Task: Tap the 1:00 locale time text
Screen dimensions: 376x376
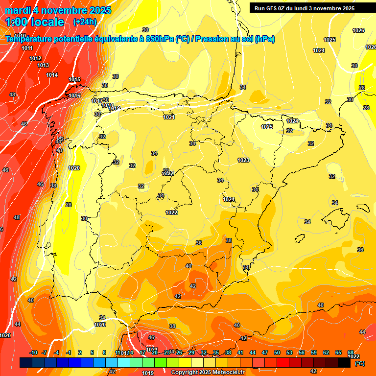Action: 35,22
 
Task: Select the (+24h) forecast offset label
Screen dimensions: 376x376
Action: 85,22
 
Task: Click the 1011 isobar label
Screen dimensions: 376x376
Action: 27,48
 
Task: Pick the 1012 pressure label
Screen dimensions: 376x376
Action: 35,58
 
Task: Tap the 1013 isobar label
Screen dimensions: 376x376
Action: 43,65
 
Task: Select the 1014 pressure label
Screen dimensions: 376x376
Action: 52,75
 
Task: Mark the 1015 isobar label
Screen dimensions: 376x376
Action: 74,79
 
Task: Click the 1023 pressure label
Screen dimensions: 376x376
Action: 243,160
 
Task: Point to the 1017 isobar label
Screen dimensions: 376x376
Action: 96,101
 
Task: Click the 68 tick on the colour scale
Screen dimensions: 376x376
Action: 351,352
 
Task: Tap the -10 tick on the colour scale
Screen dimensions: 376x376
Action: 33,352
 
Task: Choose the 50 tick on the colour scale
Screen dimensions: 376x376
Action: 277,352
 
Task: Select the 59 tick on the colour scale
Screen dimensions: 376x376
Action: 313,352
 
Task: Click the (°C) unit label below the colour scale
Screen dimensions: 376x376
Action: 359,363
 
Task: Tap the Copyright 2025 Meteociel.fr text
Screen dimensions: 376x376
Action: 208,373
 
